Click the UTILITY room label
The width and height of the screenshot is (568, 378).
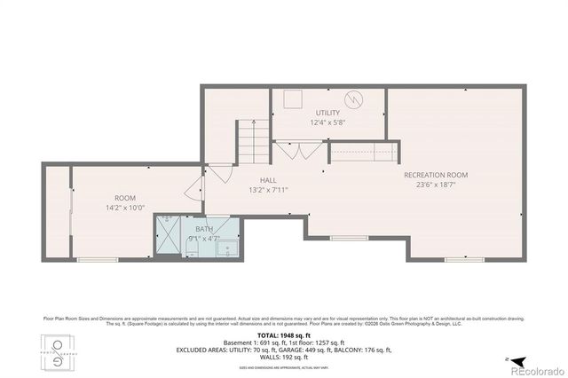click(x=327, y=113)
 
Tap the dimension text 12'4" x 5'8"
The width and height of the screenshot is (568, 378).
click(x=327, y=122)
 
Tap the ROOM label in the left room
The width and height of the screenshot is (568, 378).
click(x=124, y=197)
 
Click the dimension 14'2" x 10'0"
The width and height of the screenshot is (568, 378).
click(x=124, y=208)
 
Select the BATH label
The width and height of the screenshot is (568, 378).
click(x=203, y=229)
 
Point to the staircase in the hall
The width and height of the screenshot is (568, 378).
click(x=252, y=140)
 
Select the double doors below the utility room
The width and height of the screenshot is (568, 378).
click(x=298, y=150)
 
